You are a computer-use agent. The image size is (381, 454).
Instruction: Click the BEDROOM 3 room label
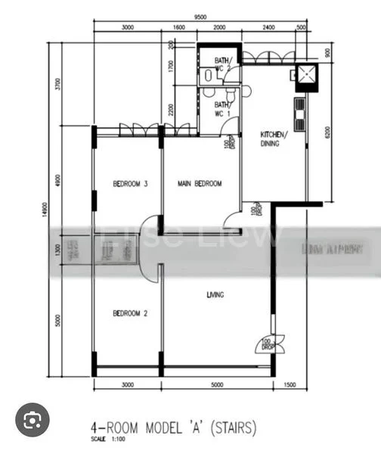click(x=129, y=184)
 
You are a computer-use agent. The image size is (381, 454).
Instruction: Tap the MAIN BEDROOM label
click(x=200, y=184)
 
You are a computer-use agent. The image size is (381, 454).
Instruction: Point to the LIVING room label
click(x=215, y=295)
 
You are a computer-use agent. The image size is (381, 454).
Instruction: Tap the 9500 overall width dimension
click(x=200, y=16)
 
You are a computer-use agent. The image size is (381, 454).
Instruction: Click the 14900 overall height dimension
click(x=46, y=214)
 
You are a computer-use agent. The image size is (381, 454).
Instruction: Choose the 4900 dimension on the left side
click(x=57, y=179)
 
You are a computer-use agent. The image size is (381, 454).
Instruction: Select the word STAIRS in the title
click(x=233, y=428)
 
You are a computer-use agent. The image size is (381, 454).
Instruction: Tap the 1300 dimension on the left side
click(x=57, y=250)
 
